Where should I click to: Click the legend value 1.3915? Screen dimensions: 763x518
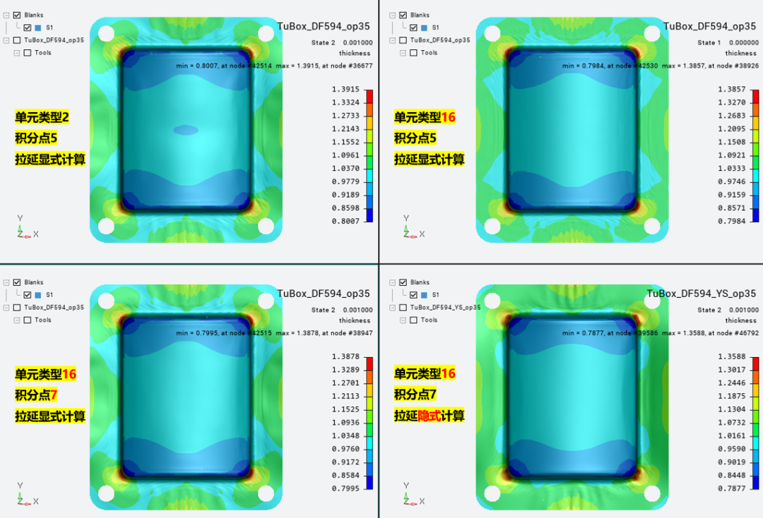point(345,90)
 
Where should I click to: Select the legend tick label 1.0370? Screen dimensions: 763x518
point(345,169)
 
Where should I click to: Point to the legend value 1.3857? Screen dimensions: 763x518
point(731,90)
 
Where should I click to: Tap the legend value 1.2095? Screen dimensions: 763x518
point(731,129)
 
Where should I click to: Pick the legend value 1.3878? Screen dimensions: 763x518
point(345,356)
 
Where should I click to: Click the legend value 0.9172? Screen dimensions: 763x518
point(345,462)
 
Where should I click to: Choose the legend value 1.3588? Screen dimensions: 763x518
point(731,356)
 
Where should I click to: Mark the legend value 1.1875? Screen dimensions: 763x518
point(731,396)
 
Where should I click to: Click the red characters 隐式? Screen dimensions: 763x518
point(430,416)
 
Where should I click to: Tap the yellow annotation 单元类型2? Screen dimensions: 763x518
point(42,117)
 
